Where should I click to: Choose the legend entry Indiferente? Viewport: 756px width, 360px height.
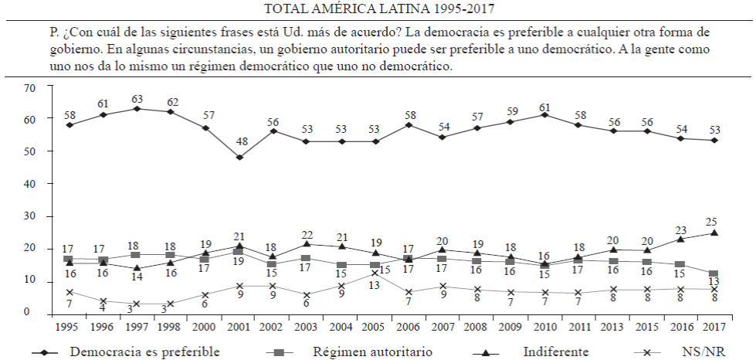click(x=556, y=352)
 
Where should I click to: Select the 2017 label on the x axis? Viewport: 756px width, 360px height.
click(x=714, y=327)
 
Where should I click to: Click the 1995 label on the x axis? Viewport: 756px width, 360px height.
click(x=69, y=327)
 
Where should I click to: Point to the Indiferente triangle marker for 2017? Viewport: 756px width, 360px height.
click(x=714, y=233)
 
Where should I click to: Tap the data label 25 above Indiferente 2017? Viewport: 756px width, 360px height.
click(x=713, y=222)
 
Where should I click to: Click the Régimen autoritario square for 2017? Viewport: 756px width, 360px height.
click(x=714, y=273)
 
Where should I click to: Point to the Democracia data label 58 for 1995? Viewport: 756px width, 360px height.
click(x=69, y=115)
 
